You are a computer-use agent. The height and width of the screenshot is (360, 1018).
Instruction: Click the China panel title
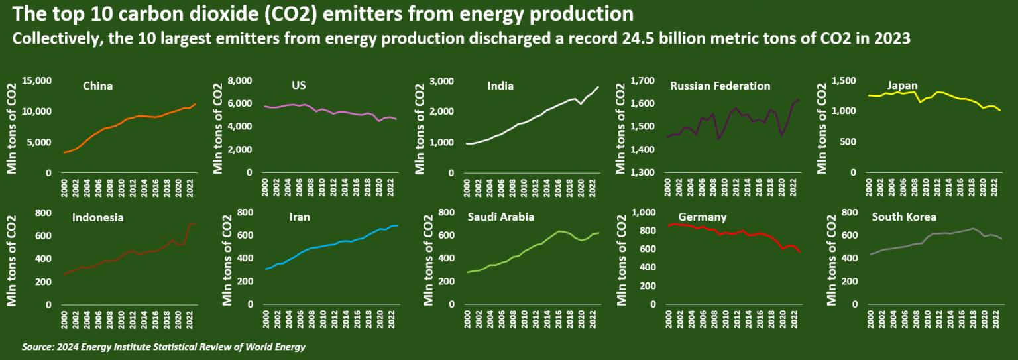(x=97, y=86)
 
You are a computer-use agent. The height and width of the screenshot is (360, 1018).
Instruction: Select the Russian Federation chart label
(x=720, y=86)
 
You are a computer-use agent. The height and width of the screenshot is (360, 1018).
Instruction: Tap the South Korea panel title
(x=903, y=217)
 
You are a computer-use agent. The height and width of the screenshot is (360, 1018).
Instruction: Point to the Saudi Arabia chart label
(x=500, y=217)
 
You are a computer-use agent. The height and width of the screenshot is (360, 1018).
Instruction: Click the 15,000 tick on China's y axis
(x=37, y=81)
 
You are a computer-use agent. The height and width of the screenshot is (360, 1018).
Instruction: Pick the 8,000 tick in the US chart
(x=241, y=81)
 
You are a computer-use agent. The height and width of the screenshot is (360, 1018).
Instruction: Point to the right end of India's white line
(x=598, y=87)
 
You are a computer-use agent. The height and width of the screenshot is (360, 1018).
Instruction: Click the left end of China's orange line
(x=64, y=153)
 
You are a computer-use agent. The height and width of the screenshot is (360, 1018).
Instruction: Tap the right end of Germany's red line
(x=801, y=253)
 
